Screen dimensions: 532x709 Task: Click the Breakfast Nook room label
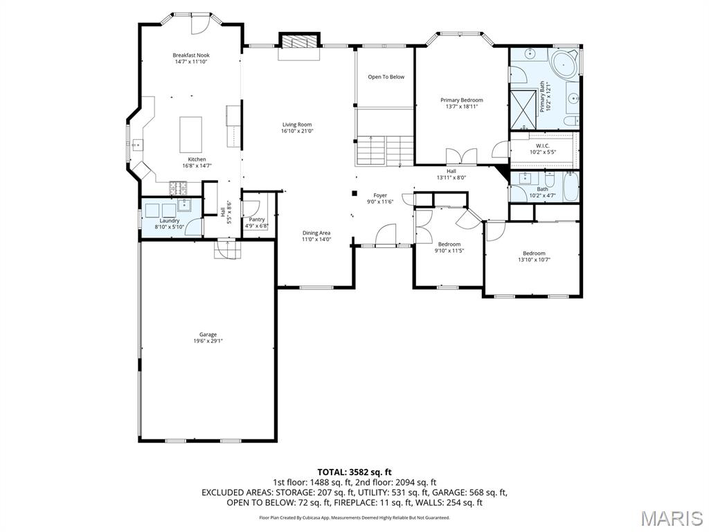[x=191, y=55]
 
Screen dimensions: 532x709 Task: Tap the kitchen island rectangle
[x=191, y=134]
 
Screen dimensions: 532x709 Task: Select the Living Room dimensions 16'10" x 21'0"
[x=296, y=131]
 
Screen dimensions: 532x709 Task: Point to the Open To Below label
[x=386, y=77]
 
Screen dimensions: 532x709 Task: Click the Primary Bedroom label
[x=462, y=100]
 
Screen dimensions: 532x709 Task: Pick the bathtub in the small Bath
[x=569, y=186]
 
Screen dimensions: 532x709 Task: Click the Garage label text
[x=208, y=335]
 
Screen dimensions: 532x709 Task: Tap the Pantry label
[x=256, y=220]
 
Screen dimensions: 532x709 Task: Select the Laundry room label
[x=170, y=221]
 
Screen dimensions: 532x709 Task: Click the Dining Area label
[x=316, y=233]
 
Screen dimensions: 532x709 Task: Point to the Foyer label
[x=380, y=195]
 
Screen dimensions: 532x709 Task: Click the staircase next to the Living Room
[x=385, y=150]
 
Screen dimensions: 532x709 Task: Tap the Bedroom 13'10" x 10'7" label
[x=534, y=254]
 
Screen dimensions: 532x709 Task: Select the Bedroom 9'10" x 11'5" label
[x=449, y=244]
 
